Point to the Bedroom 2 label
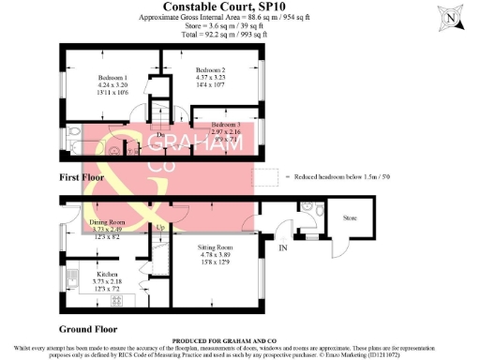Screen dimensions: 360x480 tap(210, 70)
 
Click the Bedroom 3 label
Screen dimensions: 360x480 tap(225, 125)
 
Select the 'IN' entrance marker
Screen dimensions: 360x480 tap(283, 248)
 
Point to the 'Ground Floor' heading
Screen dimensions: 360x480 tap(88, 330)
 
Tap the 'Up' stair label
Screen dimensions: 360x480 tap(159, 228)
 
